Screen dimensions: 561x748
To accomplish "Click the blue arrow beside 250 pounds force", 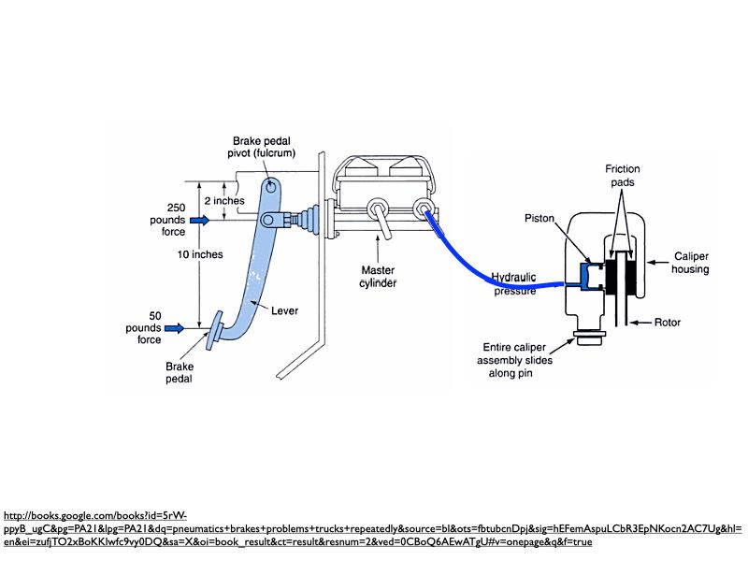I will click(x=200, y=220).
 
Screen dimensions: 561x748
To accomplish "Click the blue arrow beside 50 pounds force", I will click(x=175, y=328).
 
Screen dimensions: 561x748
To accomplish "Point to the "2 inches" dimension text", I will click(x=224, y=200).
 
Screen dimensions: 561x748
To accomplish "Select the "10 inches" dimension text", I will click(x=200, y=254).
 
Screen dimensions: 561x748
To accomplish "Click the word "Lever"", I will click(x=284, y=311).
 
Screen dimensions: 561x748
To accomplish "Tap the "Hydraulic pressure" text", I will click(x=515, y=283).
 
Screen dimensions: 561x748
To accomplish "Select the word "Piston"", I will click(x=539, y=218).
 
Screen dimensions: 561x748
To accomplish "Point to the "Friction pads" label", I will click(x=622, y=176).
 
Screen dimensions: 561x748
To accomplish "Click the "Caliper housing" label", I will click(x=690, y=263).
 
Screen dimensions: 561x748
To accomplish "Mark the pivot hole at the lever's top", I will click(x=270, y=185).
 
